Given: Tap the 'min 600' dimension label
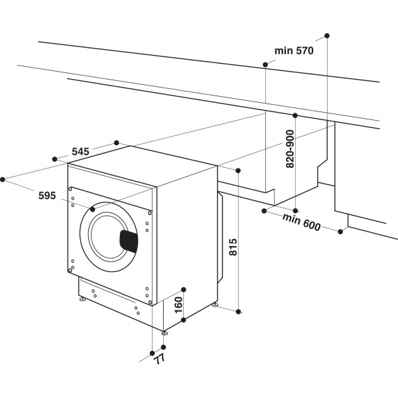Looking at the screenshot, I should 302,223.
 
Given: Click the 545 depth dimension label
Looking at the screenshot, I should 80,152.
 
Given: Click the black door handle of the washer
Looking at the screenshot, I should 129,241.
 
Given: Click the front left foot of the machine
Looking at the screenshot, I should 83,300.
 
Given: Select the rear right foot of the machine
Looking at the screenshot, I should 216,304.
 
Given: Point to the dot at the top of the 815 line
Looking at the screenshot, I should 239,169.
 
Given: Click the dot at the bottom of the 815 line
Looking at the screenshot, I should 239,310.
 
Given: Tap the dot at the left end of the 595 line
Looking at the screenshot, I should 3,178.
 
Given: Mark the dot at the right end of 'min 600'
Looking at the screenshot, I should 341,232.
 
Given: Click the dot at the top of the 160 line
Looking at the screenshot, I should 184,290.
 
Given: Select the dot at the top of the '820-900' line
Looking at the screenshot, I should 295,115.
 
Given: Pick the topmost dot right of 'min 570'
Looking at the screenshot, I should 327,34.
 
